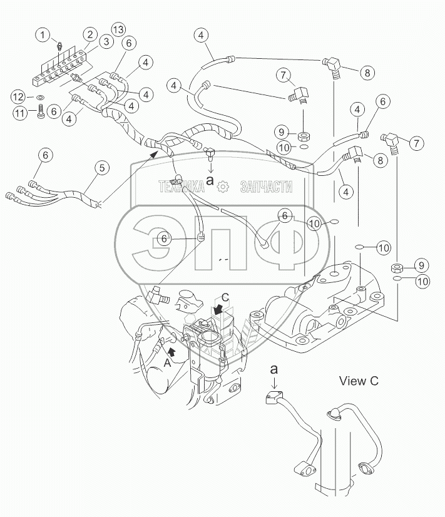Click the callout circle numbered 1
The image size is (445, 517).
pos(42,34)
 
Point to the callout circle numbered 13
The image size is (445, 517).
pos(118,29)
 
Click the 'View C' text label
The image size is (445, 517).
pos(359,380)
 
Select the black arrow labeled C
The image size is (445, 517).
pos(218,309)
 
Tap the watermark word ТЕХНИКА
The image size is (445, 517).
pos(182,185)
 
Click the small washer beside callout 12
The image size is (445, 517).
pos(39,98)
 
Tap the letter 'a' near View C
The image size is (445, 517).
pos(273,370)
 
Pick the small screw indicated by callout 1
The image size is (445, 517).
pos(58,47)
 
